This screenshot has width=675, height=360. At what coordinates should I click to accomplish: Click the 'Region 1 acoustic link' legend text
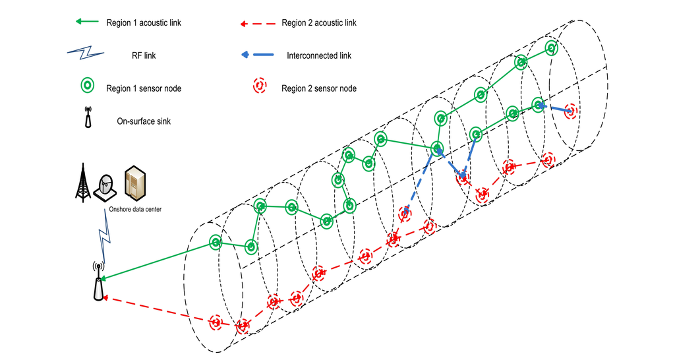143,23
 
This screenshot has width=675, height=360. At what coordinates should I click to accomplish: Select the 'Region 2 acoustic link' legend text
318,23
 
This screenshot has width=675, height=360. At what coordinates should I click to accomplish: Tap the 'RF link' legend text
144,55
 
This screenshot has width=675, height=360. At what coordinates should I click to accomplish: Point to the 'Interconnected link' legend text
319,55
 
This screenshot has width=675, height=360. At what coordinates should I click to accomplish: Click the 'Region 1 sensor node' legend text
143,88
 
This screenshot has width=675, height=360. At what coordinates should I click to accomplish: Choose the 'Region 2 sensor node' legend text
318,88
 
